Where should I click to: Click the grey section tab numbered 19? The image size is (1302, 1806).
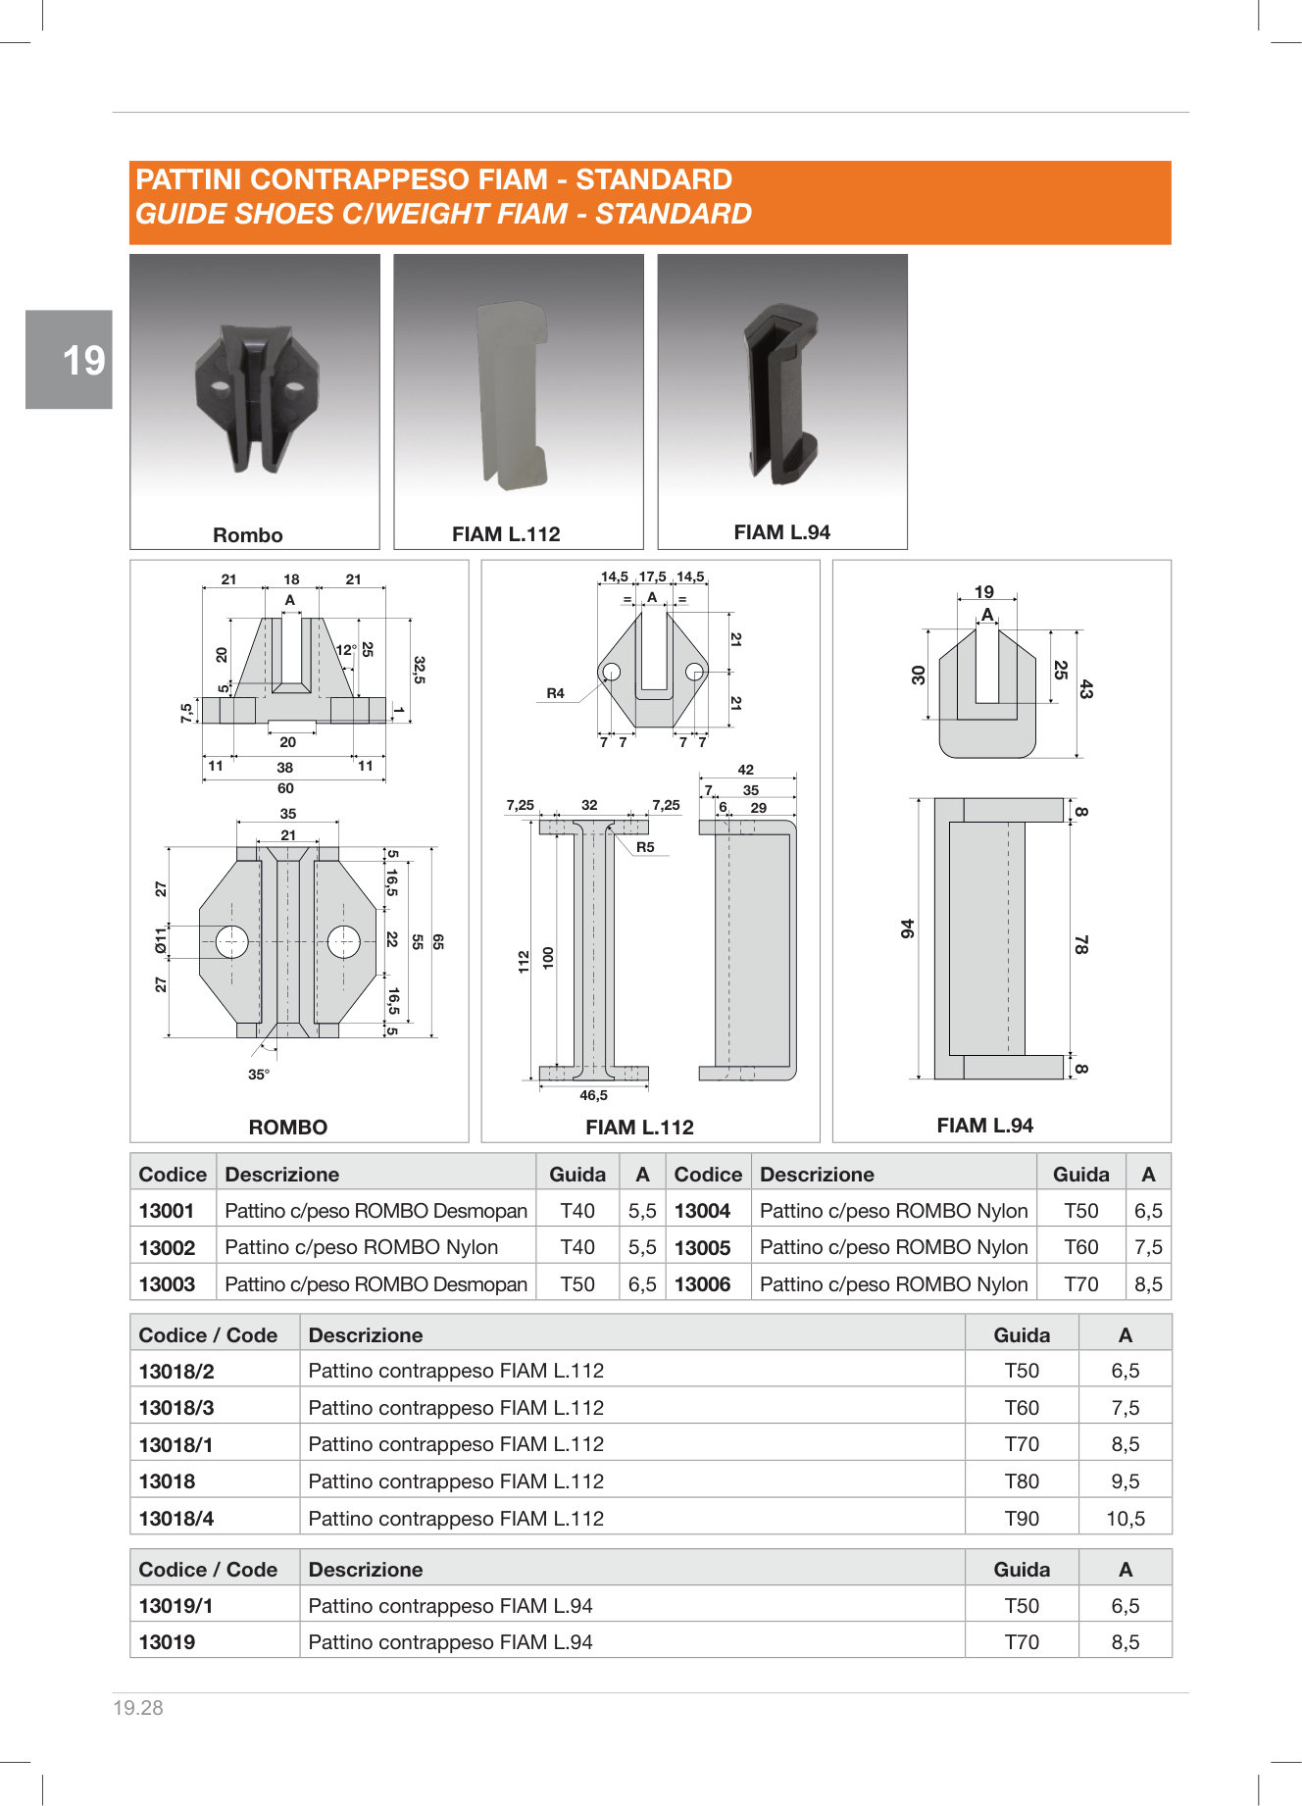pos(69,359)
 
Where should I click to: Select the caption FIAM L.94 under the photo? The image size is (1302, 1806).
pos(781,532)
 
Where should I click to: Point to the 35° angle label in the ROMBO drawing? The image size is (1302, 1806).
pos(259,1075)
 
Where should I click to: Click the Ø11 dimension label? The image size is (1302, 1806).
pos(161,941)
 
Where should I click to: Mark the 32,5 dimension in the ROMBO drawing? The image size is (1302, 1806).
pos(419,670)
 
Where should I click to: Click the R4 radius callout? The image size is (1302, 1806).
pos(556,693)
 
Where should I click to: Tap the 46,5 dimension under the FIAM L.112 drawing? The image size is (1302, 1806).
pos(593,1095)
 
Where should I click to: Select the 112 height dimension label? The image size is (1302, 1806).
pos(524,961)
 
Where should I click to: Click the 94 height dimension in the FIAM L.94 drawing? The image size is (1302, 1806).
pos(908,928)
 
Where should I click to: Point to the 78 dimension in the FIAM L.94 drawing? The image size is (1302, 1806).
pos(1080,944)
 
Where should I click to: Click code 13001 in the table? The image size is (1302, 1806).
pos(167,1211)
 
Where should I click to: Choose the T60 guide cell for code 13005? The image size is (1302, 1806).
pos(1081,1247)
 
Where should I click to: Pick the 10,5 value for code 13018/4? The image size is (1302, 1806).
pos(1126,1519)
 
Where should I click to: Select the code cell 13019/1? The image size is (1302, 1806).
pos(176,1606)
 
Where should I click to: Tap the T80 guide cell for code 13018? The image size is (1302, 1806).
pos(1022,1481)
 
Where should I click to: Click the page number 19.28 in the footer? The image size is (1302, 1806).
pos(138,1708)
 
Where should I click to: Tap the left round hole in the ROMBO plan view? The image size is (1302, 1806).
pos(232,941)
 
